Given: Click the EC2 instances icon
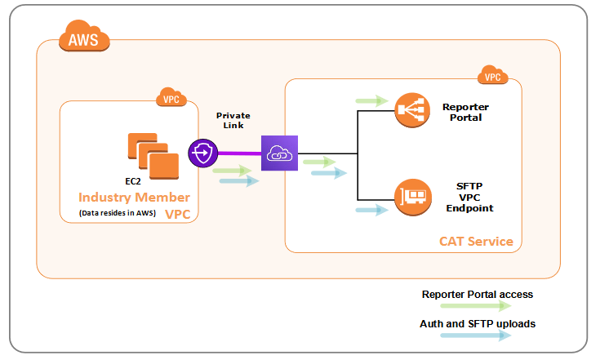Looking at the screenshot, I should tap(152, 155).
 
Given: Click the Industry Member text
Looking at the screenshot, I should tap(134, 198).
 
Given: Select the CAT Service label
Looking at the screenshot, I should tap(476, 241).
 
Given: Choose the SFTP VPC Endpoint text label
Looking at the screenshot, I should tap(469, 197).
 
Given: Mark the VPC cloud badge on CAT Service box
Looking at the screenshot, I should tap(492, 76).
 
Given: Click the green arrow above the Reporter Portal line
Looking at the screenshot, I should tap(372, 100).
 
